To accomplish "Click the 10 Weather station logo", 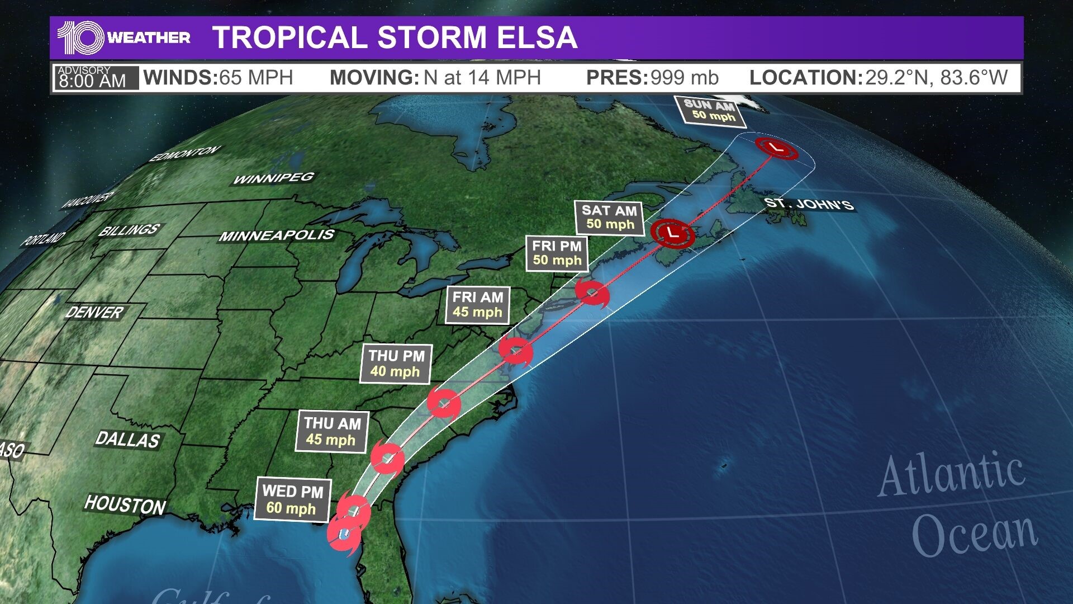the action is [124, 37].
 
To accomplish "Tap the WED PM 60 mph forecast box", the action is [292, 500].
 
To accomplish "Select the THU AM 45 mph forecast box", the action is [332, 431].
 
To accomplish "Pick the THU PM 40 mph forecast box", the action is [396, 364].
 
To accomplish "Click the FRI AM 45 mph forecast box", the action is [477, 305].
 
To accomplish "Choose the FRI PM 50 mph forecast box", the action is [557, 253].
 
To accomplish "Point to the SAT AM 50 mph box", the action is [609, 218].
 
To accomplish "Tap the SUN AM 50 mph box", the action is [710, 110].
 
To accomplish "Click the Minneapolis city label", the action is [277, 235].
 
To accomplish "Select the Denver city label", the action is [94, 312].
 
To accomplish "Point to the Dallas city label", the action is [127, 440].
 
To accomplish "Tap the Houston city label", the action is [125, 505].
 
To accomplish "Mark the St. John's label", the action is [809, 204].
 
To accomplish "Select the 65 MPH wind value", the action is [256, 78].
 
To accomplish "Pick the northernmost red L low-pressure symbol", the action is [776, 148].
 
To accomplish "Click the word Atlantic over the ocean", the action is [951, 475].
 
